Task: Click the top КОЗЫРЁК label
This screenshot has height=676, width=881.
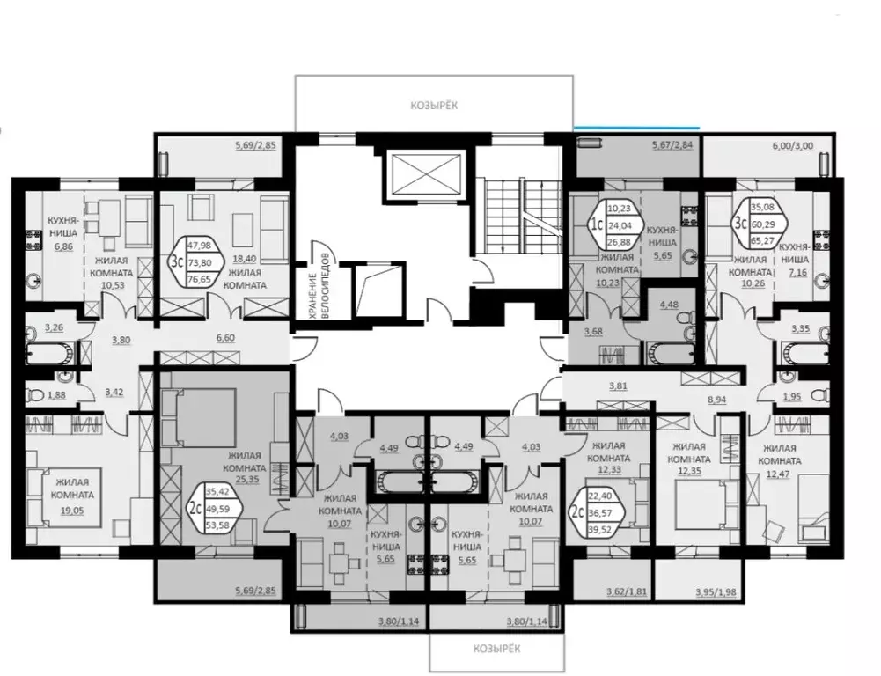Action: pos(434,105)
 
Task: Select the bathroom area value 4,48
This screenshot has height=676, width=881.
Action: pos(671,306)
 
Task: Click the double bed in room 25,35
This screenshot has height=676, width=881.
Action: pos(202,413)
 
